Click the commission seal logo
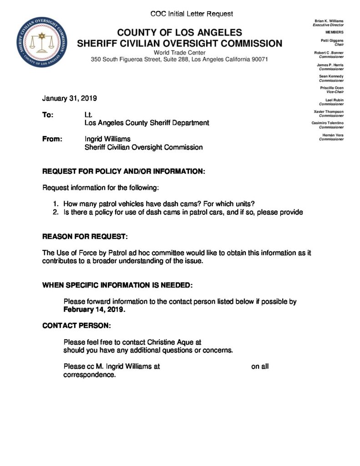(x=41, y=45)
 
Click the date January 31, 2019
(x=70, y=98)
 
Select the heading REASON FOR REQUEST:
(x=85, y=237)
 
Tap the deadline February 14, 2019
(x=94, y=309)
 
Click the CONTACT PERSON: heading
(x=76, y=326)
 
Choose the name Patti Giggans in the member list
(x=332, y=41)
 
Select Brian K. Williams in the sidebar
(x=329, y=21)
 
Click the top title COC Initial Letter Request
(x=192, y=14)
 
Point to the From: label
(x=52, y=139)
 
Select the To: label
(x=48, y=115)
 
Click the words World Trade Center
(x=180, y=53)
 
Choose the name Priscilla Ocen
(x=332, y=87)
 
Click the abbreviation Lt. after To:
(x=89, y=115)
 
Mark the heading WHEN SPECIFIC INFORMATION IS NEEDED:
(x=117, y=285)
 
